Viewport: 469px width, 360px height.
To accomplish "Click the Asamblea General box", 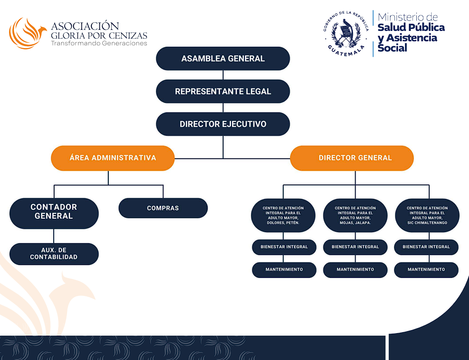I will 223,59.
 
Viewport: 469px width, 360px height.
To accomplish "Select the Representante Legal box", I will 223,91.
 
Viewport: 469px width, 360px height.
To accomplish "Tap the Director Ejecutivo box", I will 223,124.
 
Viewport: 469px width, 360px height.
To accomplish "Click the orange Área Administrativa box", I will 113,158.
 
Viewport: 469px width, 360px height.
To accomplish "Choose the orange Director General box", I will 352,158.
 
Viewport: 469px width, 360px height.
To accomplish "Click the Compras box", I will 163,208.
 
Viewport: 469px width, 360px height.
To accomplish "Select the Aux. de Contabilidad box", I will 54,254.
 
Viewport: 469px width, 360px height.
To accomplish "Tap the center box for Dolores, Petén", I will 284,215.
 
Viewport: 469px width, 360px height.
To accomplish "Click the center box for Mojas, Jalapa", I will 355,215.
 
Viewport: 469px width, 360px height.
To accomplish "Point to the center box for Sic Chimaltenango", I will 427,215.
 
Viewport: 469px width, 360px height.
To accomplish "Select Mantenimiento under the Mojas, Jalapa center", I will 355,270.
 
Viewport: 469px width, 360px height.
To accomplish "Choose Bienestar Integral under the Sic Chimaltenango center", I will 426,247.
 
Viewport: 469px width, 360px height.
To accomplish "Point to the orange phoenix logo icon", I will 26,33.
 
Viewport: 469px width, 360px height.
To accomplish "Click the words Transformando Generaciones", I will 99,43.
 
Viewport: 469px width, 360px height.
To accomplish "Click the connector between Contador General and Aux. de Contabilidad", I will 54,236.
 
